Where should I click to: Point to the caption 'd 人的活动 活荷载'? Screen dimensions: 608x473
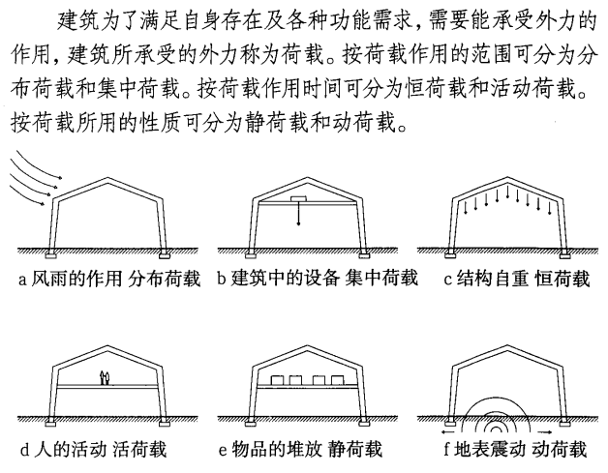tap(98, 450)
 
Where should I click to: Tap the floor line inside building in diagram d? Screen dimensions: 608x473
tap(97, 385)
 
